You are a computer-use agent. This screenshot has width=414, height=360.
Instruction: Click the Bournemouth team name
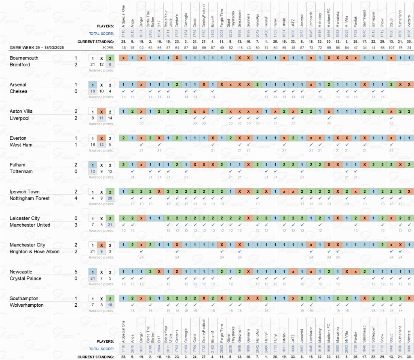(24, 58)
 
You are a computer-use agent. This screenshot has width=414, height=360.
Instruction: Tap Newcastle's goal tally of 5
(76, 272)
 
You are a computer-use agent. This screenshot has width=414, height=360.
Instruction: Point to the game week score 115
(239, 48)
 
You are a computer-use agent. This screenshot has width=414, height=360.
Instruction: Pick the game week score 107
(391, 48)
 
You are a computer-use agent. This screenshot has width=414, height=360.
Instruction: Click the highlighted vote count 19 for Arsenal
(93, 91)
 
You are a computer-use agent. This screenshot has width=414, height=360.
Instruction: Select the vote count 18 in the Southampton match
(110, 305)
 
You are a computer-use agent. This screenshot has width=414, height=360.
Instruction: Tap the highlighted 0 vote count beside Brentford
(110, 65)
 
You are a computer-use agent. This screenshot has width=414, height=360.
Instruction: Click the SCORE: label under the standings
(108, 48)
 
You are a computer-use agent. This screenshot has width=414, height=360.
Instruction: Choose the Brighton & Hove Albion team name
(34, 252)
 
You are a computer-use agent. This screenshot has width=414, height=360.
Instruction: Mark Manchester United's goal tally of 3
(76, 225)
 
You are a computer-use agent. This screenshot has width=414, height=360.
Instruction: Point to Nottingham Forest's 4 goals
(76, 198)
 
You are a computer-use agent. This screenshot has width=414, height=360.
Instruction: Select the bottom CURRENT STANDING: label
(95, 357)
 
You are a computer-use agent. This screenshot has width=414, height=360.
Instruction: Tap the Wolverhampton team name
(27, 305)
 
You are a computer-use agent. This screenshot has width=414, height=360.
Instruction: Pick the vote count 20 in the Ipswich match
(110, 198)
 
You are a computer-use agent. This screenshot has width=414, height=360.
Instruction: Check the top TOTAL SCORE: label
(101, 34)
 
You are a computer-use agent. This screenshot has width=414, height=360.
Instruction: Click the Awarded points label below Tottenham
(101, 177)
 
